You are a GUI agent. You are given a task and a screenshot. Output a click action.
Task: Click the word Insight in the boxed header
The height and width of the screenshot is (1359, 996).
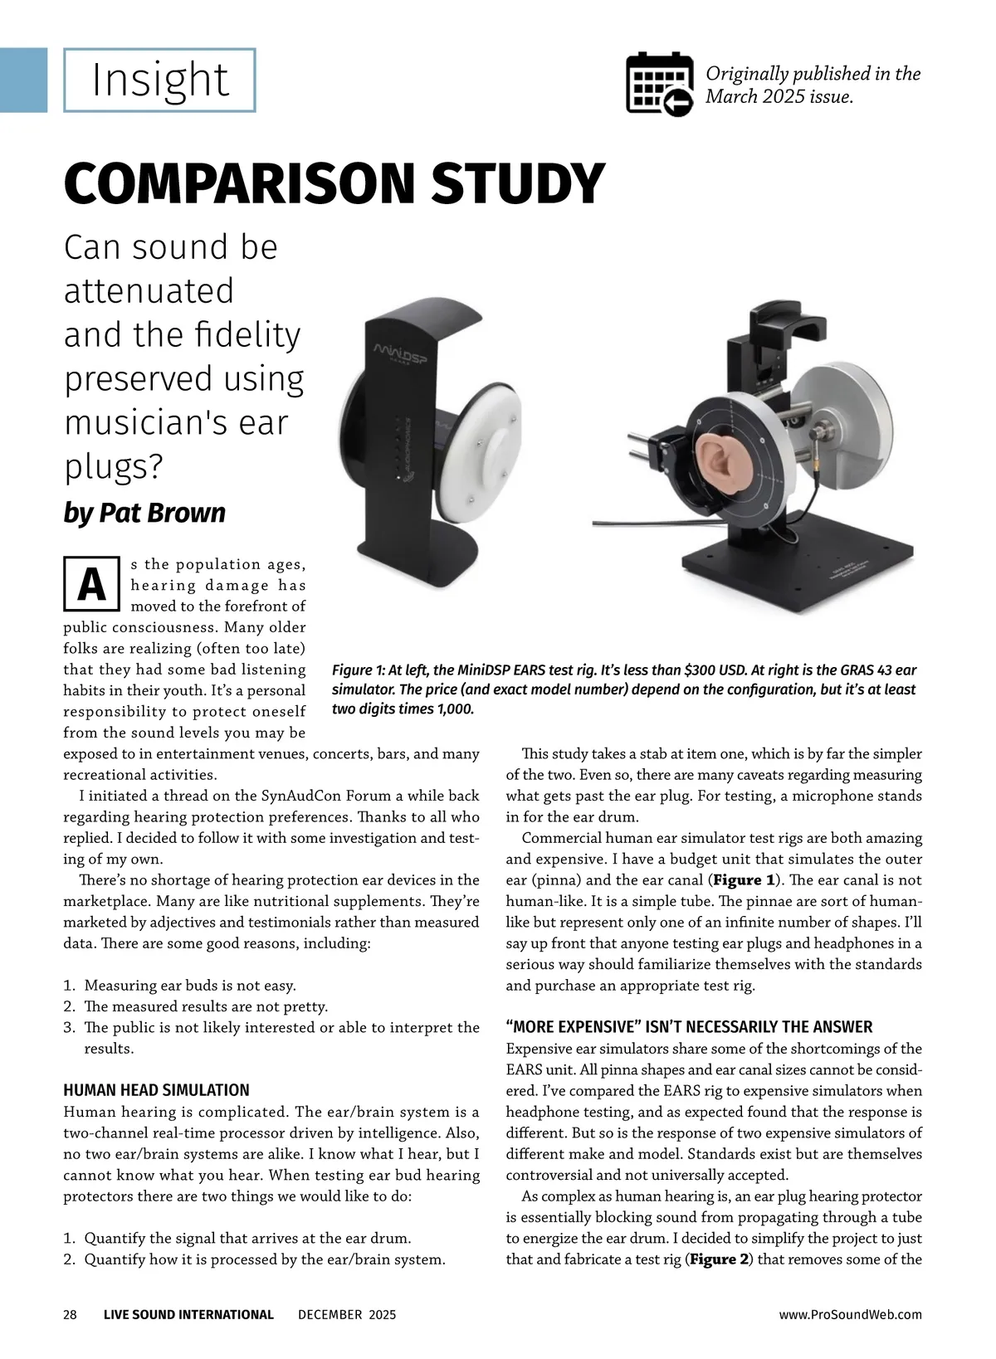(159, 80)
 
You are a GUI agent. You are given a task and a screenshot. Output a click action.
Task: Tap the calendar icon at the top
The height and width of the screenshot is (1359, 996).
(659, 84)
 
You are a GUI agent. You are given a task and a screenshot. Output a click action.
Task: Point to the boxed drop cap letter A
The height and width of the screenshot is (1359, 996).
(91, 585)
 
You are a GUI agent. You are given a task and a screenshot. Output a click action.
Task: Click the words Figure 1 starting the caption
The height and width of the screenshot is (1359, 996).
(358, 670)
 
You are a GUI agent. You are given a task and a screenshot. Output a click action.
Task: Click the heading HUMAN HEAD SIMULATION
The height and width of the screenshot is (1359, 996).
(156, 1090)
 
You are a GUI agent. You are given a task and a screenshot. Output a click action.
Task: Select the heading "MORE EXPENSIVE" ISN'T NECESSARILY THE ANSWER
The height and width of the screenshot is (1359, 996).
(689, 1027)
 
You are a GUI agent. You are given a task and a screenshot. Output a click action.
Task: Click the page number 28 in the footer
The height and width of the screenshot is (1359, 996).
(71, 1314)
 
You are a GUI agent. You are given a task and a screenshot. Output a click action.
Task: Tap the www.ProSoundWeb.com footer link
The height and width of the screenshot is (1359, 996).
(850, 1314)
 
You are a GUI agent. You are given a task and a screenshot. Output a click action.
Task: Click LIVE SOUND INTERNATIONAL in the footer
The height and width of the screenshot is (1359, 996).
(188, 1314)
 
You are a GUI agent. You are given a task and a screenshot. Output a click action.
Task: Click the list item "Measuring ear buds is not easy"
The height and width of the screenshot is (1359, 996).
(190, 986)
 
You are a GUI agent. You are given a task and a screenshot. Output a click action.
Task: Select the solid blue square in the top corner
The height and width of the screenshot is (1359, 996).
(23, 80)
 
